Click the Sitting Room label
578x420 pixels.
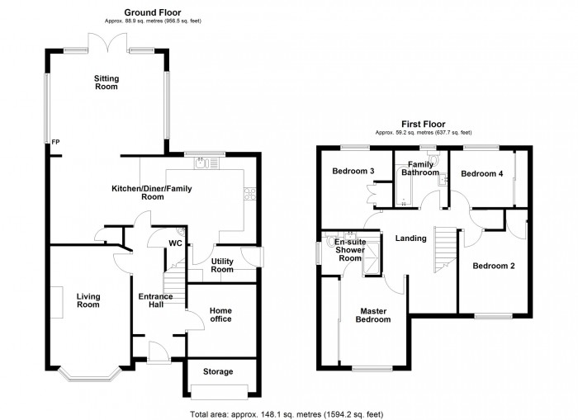pyautogui.click(x=107, y=83)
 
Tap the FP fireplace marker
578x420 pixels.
pyautogui.click(x=55, y=142)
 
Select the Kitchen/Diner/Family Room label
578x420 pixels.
pyautogui.click(x=152, y=192)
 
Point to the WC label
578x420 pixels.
pyautogui.click(x=175, y=243)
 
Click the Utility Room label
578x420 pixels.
pyautogui.click(x=222, y=265)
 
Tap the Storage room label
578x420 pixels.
pyautogui.click(x=218, y=371)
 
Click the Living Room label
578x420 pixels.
pyautogui.click(x=88, y=300)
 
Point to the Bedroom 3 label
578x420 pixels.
pyautogui.click(x=353, y=172)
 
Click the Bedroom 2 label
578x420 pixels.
pyautogui.click(x=493, y=266)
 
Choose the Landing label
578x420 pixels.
pyautogui.click(x=410, y=238)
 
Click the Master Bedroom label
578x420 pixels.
pyautogui.click(x=374, y=315)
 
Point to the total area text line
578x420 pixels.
pyautogui.click(x=287, y=413)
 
